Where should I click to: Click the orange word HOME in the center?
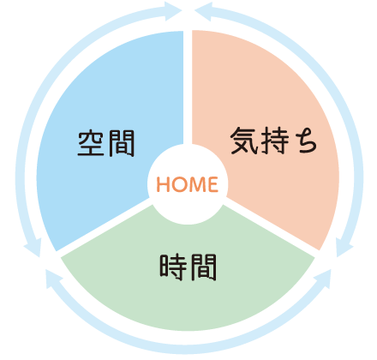[x=188, y=184]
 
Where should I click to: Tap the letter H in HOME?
[x=163, y=184]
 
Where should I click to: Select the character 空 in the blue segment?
[x=91, y=143]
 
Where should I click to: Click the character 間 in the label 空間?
[x=121, y=143]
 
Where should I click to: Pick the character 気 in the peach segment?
[x=243, y=141]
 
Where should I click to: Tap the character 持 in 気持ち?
[x=274, y=141]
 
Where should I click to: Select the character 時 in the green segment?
[x=173, y=267]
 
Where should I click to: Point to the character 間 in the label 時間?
[x=203, y=267]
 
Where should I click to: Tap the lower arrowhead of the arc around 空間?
[x=32, y=248]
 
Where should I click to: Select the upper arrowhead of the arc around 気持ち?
[x=203, y=11]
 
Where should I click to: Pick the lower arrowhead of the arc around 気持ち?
[x=344, y=248]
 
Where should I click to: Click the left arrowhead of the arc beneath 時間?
[x=54, y=279]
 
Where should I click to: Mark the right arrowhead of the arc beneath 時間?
[x=323, y=279]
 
